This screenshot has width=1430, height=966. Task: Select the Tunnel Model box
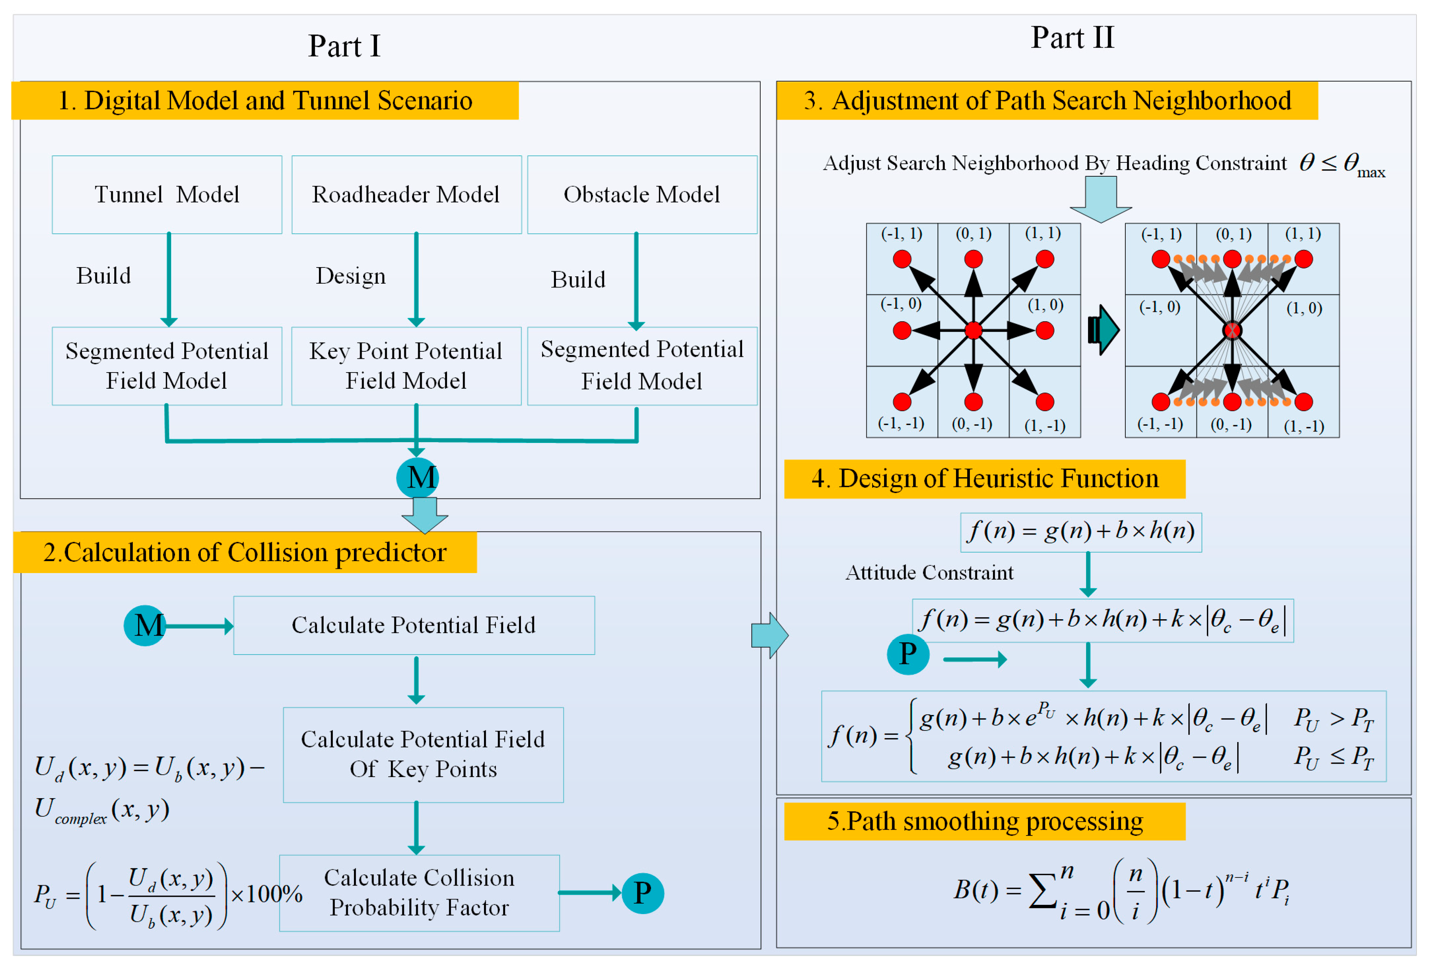coord(167,195)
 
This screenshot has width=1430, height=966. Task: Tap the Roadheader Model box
coord(406,195)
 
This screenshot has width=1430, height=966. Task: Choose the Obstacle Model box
coord(642,195)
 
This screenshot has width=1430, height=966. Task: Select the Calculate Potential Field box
coord(414,625)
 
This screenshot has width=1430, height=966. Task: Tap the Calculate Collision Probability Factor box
coord(419,893)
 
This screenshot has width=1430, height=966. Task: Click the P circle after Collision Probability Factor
coord(642,893)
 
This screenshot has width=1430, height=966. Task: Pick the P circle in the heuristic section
coord(908,654)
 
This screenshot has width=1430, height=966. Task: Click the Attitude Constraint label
coord(929,573)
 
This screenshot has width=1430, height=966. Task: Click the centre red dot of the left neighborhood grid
coord(973,331)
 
